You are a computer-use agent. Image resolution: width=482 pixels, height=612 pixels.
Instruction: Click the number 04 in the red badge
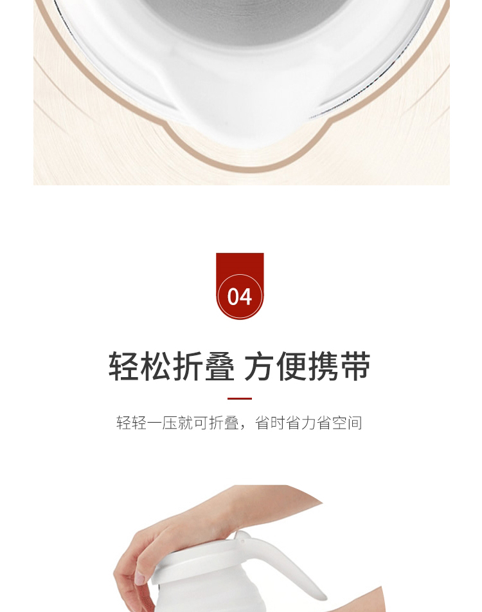(x=240, y=297)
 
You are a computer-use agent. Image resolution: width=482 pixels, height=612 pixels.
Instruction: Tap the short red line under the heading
(x=240, y=398)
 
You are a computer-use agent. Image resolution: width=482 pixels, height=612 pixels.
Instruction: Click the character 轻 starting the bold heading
(x=124, y=366)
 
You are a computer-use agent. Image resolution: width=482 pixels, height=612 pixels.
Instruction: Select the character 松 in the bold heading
(x=156, y=366)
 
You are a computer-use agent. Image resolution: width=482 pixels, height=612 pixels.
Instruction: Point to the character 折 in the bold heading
(x=188, y=366)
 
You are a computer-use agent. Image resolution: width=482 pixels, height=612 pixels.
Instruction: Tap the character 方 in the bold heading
(x=260, y=366)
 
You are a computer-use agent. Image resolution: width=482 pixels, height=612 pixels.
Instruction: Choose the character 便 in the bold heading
(x=292, y=366)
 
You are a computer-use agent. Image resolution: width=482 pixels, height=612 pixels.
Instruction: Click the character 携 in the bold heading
(x=324, y=366)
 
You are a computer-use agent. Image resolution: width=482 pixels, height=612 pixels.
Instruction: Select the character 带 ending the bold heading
(x=355, y=366)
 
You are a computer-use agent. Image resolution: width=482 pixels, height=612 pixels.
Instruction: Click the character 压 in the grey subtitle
(x=170, y=423)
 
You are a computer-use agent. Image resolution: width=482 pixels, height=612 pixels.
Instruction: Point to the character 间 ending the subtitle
(x=355, y=423)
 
